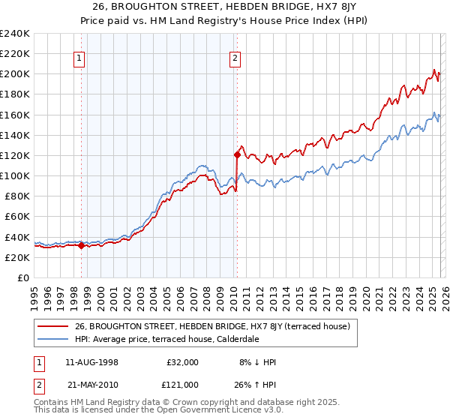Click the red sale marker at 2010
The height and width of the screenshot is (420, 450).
point(237,154)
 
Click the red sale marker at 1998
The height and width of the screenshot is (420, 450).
point(81,244)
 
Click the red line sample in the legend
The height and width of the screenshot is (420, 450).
point(53,326)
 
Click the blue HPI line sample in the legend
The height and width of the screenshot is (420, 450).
point(53,339)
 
